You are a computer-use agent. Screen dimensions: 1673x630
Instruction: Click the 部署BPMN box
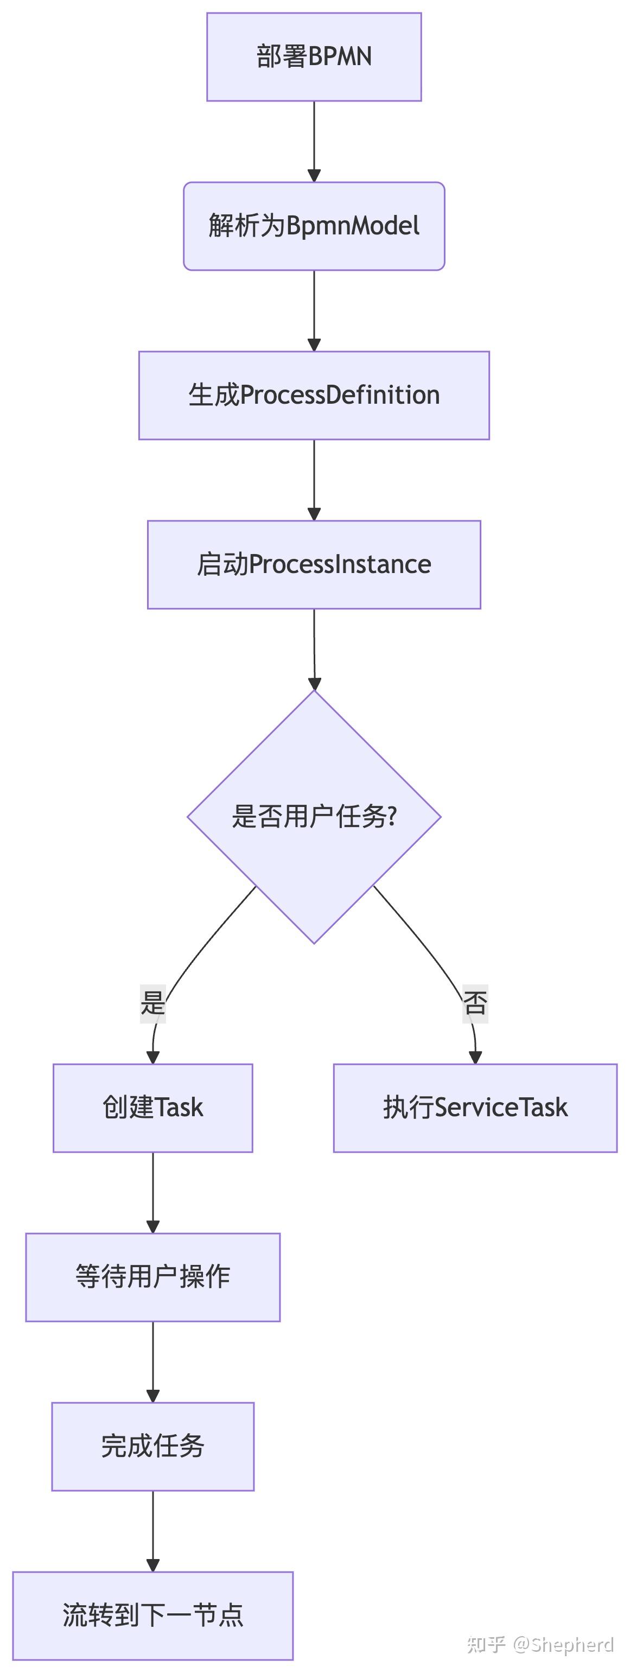pyautogui.click(x=314, y=57)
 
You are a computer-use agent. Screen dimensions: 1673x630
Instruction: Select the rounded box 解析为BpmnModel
pyautogui.click(x=314, y=226)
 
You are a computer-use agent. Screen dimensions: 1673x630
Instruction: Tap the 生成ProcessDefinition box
pyautogui.click(x=314, y=396)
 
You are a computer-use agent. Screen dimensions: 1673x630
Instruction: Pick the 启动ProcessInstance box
pyautogui.click(x=314, y=564)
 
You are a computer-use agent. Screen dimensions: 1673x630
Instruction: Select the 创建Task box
pyautogui.click(x=152, y=1108)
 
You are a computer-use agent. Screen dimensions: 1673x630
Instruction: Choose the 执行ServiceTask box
pyautogui.click(x=475, y=1108)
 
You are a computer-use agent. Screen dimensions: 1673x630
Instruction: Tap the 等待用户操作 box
pyautogui.click(x=152, y=1277)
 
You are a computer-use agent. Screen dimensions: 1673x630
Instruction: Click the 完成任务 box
pyautogui.click(x=152, y=1446)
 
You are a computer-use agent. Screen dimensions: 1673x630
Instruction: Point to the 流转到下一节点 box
pyautogui.click(x=152, y=1615)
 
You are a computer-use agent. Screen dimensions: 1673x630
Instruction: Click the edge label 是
pyautogui.click(x=152, y=1003)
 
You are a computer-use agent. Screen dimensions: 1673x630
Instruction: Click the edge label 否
pyautogui.click(x=475, y=1003)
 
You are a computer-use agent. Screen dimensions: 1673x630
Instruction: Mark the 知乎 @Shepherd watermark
pyautogui.click(x=540, y=1644)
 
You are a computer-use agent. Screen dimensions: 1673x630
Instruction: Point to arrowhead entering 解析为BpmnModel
pyautogui.click(x=314, y=176)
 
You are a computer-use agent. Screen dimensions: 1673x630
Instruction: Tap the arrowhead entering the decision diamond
pyautogui.click(x=314, y=684)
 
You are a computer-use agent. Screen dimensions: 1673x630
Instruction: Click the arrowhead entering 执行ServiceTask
pyautogui.click(x=475, y=1057)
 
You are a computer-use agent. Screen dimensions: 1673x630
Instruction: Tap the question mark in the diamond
pyautogui.click(x=391, y=816)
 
